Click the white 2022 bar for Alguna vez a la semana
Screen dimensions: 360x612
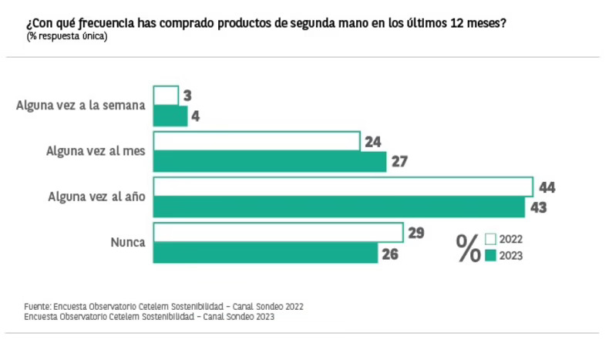(x=166, y=96)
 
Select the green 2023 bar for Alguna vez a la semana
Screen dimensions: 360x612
(x=170, y=116)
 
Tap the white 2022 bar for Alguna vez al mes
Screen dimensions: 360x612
(x=257, y=141)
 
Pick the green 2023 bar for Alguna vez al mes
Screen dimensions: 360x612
(x=270, y=161)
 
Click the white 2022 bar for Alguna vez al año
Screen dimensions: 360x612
(x=343, y=187)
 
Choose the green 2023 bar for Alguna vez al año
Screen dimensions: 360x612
(x=339, y=207)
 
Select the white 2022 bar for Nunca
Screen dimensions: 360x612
(x=278, y=232)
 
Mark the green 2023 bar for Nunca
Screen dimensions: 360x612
(x=266, y=252)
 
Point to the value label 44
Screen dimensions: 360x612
(x=547, y=187)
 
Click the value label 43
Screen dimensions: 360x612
(x=538, y=207)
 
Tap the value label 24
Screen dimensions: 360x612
(x=373, y=142)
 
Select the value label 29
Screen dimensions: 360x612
(x=416, y=233)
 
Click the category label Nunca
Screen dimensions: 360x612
(x=128, y=242)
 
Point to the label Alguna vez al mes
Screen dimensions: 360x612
(x=96, y=151)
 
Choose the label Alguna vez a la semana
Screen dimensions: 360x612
(x=81, y=106)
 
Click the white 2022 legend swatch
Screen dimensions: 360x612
(x=490, y=239)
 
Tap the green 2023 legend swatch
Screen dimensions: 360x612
(x=490, y=255)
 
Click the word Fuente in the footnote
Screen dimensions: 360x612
(x=37, y=306)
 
